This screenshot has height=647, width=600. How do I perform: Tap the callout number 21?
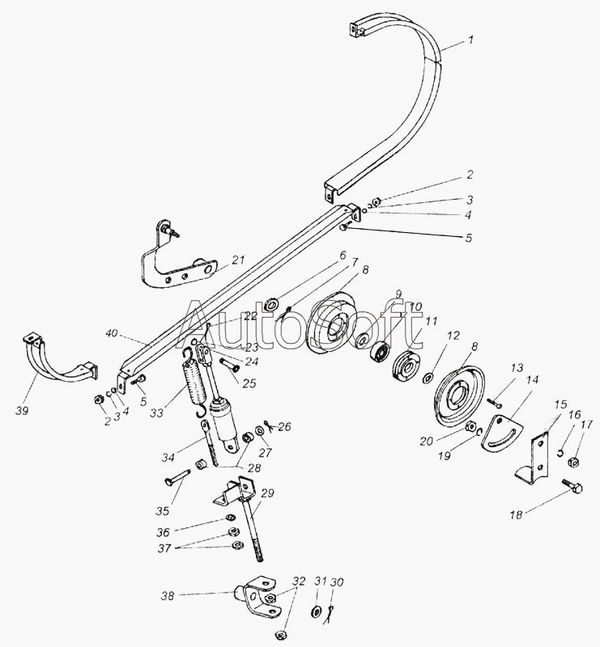(238, 260)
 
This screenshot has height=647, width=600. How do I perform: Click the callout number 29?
(269, 493)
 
